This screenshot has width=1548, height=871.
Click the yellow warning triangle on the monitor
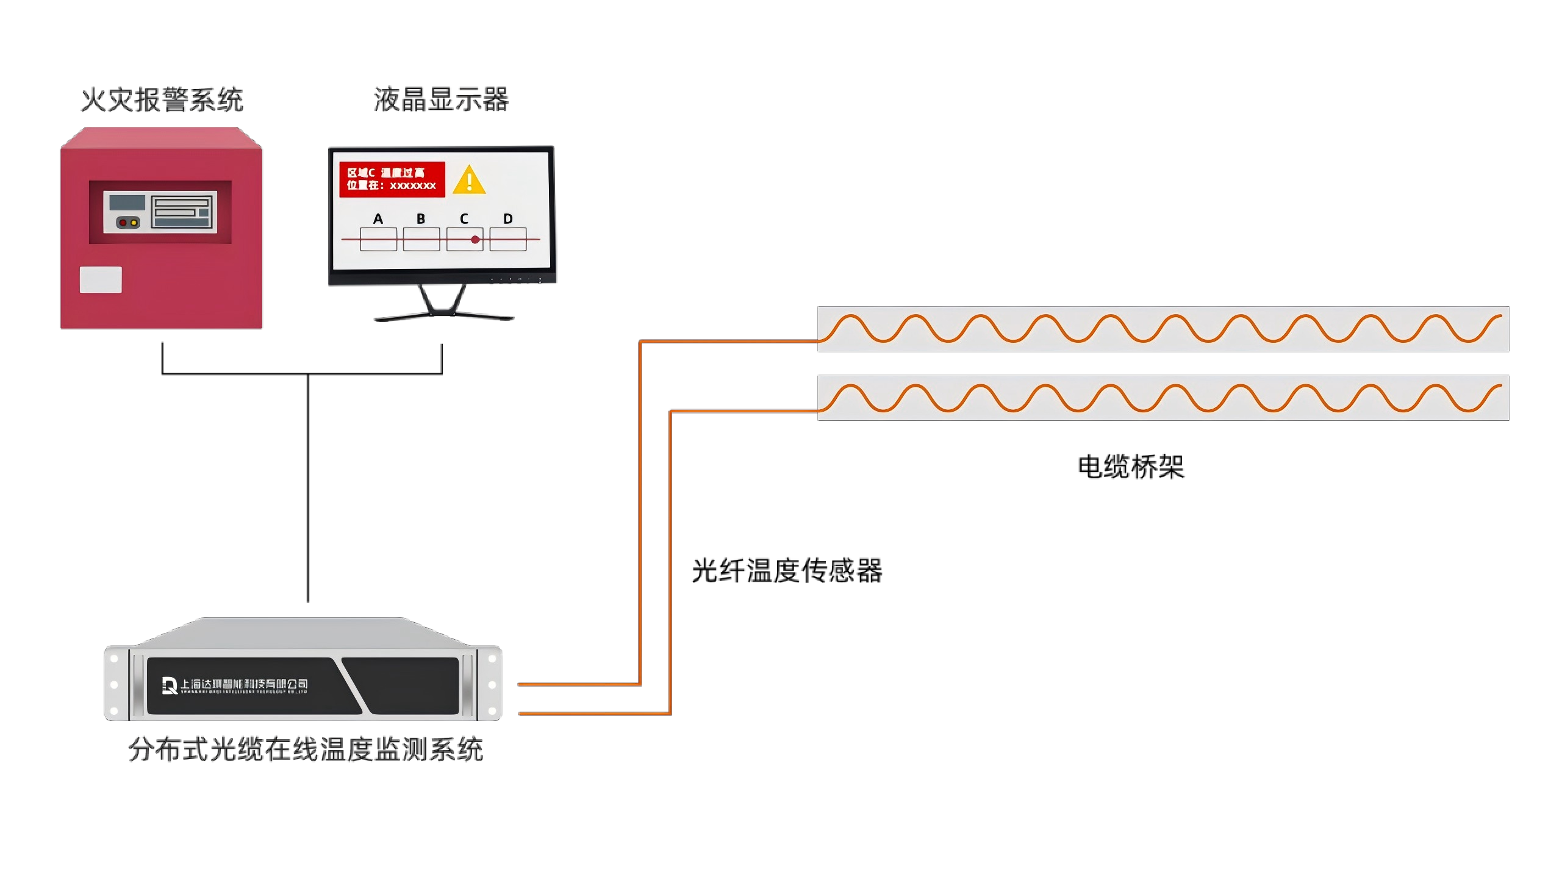point(469,181)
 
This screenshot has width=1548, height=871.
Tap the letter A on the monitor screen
point(378,219)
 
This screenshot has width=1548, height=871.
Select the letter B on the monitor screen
point(421,219)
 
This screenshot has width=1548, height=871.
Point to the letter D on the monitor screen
point(508,219)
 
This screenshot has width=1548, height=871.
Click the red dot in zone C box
point(475,240)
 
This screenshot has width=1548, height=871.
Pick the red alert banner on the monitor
point(392,179)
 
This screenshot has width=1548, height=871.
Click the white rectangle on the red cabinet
point(101,280)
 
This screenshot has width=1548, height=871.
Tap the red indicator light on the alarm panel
point(123,223)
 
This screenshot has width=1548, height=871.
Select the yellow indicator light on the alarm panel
point(134,223)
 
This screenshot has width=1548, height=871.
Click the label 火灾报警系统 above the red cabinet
point(162,100)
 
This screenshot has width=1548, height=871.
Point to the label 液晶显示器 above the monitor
point(441,99)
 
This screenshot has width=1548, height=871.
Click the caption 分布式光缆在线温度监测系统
point(306,750)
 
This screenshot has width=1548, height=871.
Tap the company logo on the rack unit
point(170,686)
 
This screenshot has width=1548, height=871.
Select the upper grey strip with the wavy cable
point(1163,329)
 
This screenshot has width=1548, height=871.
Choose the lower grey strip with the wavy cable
point(1163,398)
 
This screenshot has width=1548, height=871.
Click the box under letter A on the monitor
point(378,239)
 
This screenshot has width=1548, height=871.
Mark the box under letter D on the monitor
point(508,239)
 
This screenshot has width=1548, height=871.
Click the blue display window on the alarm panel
point(127,203)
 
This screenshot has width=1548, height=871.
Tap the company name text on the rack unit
point(244,684)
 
